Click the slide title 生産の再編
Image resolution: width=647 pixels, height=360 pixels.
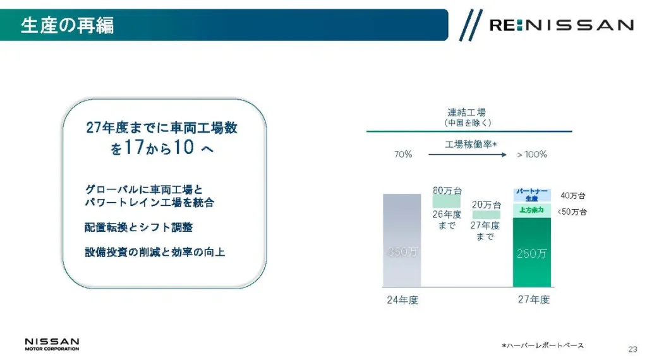pos(67,25)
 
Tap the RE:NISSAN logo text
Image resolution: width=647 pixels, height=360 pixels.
pos(561,25)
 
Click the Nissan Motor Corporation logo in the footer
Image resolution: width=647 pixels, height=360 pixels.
pos(52,344)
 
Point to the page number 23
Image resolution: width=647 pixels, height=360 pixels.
pos(632,349)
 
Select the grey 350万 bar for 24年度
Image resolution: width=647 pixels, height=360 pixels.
pos(402,240)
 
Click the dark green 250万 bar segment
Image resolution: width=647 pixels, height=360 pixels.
pos(532,252)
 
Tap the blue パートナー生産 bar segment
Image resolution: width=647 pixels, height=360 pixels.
pos(532,195)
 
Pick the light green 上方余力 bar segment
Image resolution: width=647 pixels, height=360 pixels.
pos(532,210)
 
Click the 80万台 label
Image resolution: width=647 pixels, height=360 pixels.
pos(447,191)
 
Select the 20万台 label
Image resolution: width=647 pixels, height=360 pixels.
pos(487,205)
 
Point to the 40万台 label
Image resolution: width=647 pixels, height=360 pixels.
pos(572,196)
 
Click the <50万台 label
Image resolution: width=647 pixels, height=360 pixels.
pos(572,212)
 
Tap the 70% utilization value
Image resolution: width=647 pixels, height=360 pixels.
pos(403,154)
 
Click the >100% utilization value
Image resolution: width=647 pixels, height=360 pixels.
pos(532,155)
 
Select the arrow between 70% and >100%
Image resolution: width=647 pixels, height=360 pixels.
pos(468,155)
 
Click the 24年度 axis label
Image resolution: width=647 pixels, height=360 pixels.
pos(402,300)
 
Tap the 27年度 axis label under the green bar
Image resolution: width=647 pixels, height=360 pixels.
pos(533,300)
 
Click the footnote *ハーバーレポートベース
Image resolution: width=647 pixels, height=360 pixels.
pos(543,345)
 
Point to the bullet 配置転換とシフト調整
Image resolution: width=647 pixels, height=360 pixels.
pos(138,227)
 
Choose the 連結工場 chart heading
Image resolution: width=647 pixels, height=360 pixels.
pos(467,112)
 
